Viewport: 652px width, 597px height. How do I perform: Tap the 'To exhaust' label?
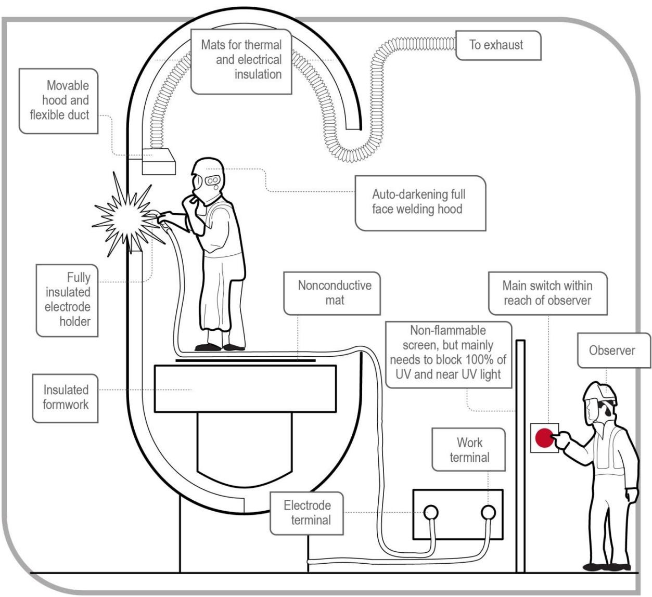tap(498, 45)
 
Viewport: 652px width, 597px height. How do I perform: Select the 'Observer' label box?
tap(614, 350)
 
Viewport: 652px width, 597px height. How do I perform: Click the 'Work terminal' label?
tap(468, 450)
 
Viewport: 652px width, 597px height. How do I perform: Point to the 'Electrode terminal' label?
tap(306, 513)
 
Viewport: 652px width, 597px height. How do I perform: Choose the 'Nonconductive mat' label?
tap(332, 293)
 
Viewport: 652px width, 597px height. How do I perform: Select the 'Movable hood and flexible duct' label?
tap(58, 101)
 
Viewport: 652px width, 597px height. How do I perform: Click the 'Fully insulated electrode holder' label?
tap(67, 300)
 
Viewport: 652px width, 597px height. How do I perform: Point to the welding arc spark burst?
tap(127, 215)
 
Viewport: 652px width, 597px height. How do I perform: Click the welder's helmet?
tap(207, 180)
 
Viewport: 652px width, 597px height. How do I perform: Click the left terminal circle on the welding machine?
tap(431, 512)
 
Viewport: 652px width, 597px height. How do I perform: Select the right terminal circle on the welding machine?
tap(488, 512)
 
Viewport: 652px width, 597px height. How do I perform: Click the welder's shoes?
tap(220, 347)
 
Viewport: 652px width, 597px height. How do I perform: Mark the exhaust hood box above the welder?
tap(159, 162)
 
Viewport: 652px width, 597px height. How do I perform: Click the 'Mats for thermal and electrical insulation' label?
tap(241, 62)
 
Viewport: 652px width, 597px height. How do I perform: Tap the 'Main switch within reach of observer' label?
tap(547, 293)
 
